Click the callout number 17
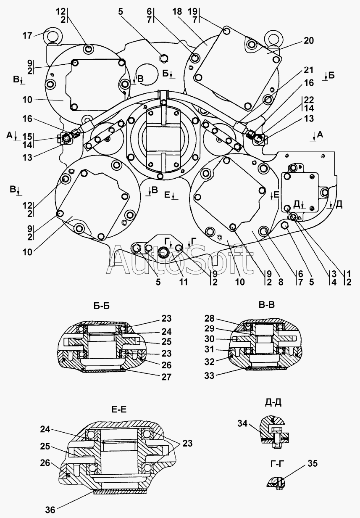tap(27, 36)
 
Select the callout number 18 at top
tap(177, 12)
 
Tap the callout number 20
tap(309, 41)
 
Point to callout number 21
tap(308, 70)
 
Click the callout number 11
tap(183, 282)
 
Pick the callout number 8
tap(281, 282)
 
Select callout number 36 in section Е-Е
tap(50, 510)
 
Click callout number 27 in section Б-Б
tap(166, 377)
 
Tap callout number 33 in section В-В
tap(209, 376)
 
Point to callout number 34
tap(242, 424)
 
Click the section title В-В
tap(267, 305)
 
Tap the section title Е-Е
tap(119, 410)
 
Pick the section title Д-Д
tap(273, 402)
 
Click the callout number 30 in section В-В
tap(209, 339)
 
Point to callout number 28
tap(209, 319)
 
